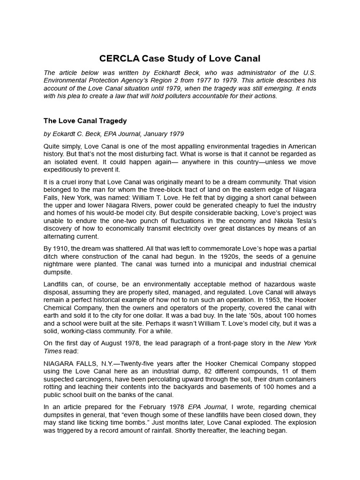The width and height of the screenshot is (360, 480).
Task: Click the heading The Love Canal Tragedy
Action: pos(85,121)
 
